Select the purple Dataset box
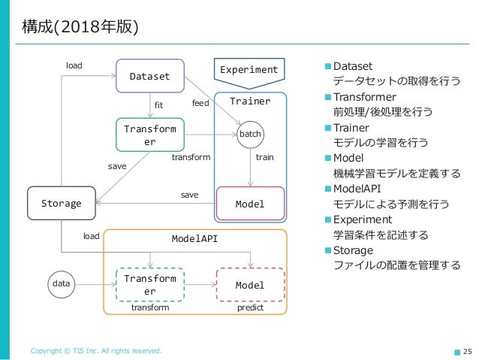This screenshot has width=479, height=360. tap(150, 76)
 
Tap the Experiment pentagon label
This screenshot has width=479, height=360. tap(249, 70)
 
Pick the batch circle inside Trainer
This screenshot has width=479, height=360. tap(249, 135)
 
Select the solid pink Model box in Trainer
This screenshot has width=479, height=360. tap(250, 204)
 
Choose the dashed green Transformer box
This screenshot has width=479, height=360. tap(150, 285)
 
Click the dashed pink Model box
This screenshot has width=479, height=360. tap(250, 285)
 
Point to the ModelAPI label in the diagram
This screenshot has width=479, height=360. tap(194, 239)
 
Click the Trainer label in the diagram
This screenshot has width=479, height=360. tap(250, 100)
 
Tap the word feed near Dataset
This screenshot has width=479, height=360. tap(200, 103)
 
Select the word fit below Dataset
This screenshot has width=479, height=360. tap(158, 104)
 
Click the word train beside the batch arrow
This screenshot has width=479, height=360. tap(265, 158)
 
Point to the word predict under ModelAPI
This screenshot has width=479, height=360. tap(251, 308)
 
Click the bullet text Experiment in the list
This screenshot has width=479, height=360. tap(363, 219)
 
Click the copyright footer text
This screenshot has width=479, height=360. tap(95, 351)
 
